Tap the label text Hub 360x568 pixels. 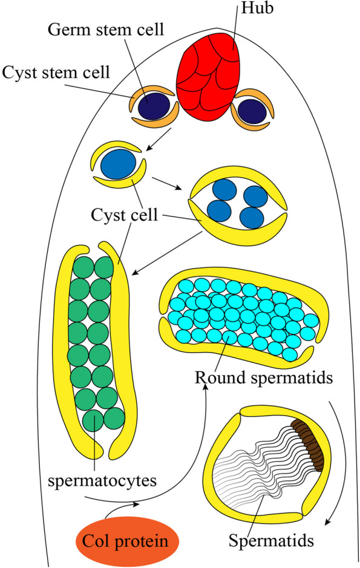pyautogui.click(x=257, y=8)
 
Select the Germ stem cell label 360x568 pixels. pyautogui.click(x=106, y=30)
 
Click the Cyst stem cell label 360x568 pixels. pyautogui.click(x=56, y=72)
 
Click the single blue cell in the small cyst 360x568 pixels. pyautogui.click(x=119, y=164)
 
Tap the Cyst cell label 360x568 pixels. pyautogui.click(x=124, y=215)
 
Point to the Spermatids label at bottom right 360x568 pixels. pyautogui.click(x=271, y=540)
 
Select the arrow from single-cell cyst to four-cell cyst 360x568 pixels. pyautogui.click(x=167, y=183)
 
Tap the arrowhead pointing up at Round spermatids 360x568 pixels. pyautogui.click(x=207, y=387)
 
